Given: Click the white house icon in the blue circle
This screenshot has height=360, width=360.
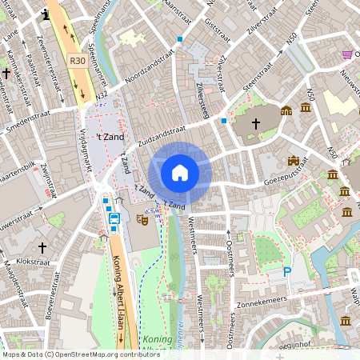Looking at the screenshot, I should tap(180, 173).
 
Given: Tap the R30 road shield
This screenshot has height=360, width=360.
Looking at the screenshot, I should tap(78, 60).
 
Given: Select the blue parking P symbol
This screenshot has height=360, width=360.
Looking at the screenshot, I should tap(287, 273).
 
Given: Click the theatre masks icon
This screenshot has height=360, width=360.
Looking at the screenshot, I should tap(143, 217).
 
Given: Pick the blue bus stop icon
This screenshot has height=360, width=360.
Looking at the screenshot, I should tap(114, 217).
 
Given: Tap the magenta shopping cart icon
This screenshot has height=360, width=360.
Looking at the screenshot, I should tap(347, 54).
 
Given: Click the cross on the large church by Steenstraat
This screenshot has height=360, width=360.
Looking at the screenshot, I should tap(256, 123).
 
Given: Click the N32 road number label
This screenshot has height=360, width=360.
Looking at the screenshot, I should tap(102, 95).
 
